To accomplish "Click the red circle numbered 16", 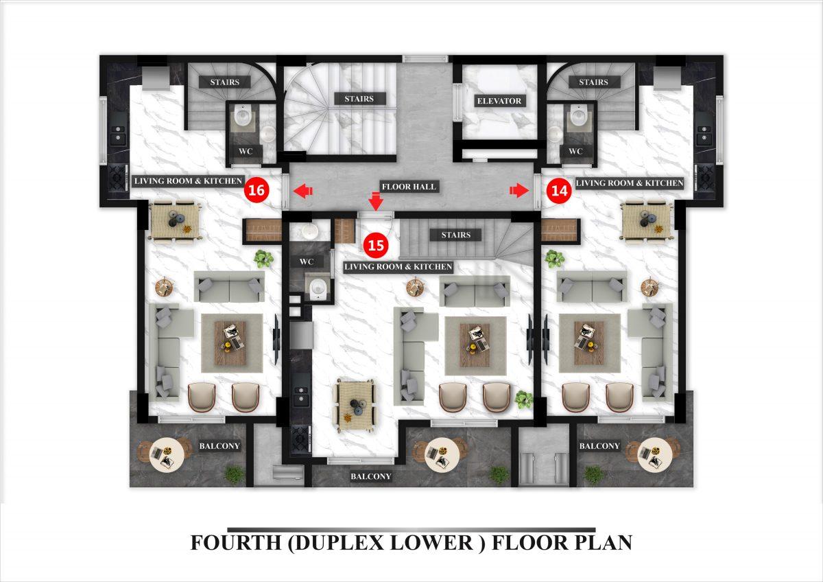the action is [x=257, y=190].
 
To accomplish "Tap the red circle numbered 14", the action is [x=559, y=190].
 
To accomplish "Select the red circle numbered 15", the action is [x=376, y=245].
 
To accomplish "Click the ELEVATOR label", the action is [x=499, y=101].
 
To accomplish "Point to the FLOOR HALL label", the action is [x=409, y=187].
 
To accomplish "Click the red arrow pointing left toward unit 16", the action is [x=302, y=191].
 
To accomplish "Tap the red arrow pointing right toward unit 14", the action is [x=518, y=190].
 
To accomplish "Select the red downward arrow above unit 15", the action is [x=376, y=201].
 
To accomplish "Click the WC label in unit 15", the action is [x=306, y=261].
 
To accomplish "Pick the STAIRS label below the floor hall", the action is [x=455, y=235].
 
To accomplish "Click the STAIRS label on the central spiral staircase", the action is [x=359, y=99].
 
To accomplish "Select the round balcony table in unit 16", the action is [x=167, y=455].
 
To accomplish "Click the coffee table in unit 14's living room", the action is [x=589, y=343].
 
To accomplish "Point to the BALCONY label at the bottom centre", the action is [x=371, y=476].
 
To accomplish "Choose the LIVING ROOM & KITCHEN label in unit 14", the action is [x=630, y=183].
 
